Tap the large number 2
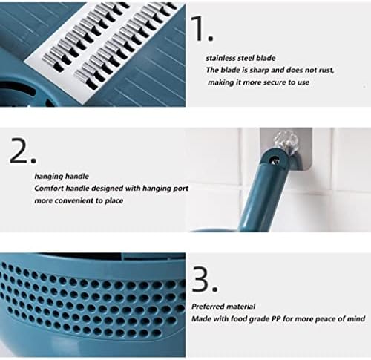pyautogui.click(x=19, y=150)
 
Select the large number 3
pyautogui.click(x=200, y=279)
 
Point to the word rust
pyautogui.click(x=326, y=71)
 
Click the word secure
pyautogui.click(x=275, y=82)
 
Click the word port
pyautogui.click(x=180, y=189)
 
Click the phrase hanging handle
pyautogui.click(x=62, y=177)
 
